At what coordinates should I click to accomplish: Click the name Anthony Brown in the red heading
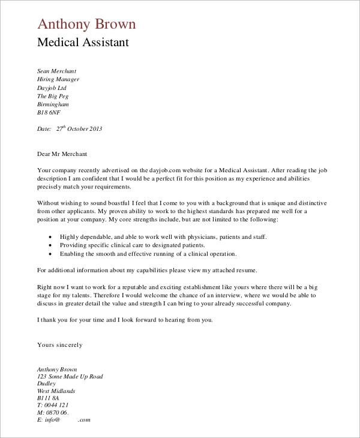pyautogui.click(x=86, y=24)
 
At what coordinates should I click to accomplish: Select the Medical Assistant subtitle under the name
pyautogui.click(x=83, y=43)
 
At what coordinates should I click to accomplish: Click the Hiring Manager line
pyautogui.click(x=58, y=79)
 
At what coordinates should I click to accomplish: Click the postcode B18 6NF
pyautogui.click(x=49, y=112)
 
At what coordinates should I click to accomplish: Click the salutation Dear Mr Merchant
pyautogui.click(x=63, y=154)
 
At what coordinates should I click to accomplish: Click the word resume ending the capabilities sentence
pyautogui.click(x=245, y=270)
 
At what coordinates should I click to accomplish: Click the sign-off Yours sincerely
pyautogui.click(x=60, y=345)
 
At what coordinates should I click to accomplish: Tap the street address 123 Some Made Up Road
pyautogui.click(x=70, y=377)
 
